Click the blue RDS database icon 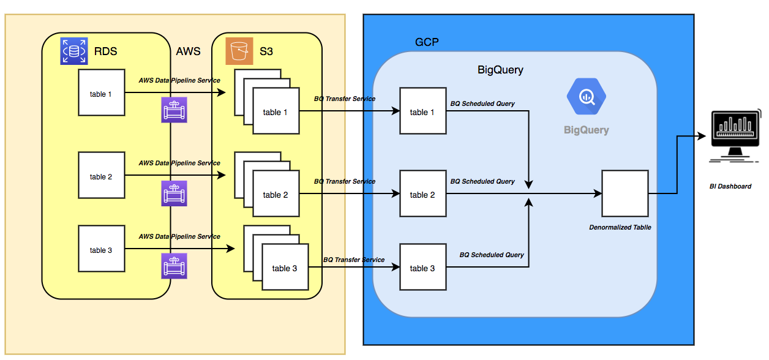73,51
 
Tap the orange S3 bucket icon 239,51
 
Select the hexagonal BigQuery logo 586,97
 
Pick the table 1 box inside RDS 102,93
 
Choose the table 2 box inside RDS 102,176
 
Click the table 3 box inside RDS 102,249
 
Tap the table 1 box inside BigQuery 423,111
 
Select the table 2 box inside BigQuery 423,194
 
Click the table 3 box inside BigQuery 423,268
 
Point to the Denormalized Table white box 625,193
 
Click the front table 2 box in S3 276,194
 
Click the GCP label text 427,42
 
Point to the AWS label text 188,51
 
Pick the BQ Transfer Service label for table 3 354,260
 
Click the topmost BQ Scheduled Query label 482,103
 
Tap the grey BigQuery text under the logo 587,130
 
